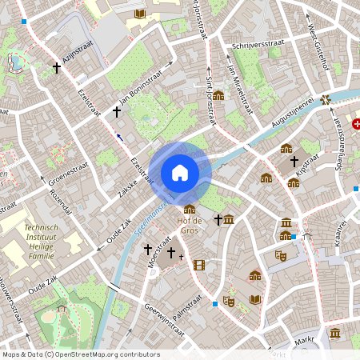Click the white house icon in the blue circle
coord(179,172)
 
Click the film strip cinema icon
coord(198,265)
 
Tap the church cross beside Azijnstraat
coord(56,69)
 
